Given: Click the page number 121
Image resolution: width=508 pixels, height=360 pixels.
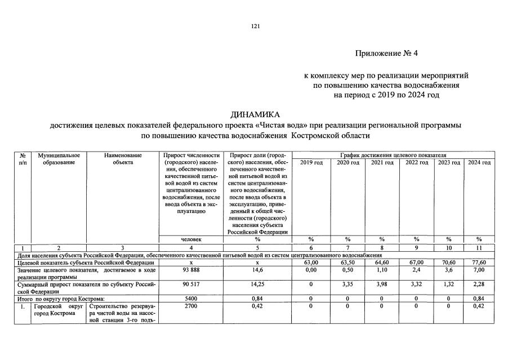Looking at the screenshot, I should click(255, 26).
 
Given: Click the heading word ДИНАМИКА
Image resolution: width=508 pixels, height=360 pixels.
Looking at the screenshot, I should click(255, 114).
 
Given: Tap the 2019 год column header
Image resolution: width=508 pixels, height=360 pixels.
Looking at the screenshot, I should click(311, 163).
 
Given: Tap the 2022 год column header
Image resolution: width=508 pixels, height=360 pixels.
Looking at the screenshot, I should click(417, 163).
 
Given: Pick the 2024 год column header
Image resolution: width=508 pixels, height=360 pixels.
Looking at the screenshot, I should click(479, 163).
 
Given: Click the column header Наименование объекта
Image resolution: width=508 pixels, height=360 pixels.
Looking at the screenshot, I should click(123, 159).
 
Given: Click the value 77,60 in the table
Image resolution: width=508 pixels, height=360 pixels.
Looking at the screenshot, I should click(479, 263).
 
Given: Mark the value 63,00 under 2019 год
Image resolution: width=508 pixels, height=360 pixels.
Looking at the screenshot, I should click(311, 263).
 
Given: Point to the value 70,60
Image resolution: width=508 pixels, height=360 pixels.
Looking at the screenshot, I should click(448, 263).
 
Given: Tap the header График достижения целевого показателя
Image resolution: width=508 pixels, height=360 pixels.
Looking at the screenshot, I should click(393, 154).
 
